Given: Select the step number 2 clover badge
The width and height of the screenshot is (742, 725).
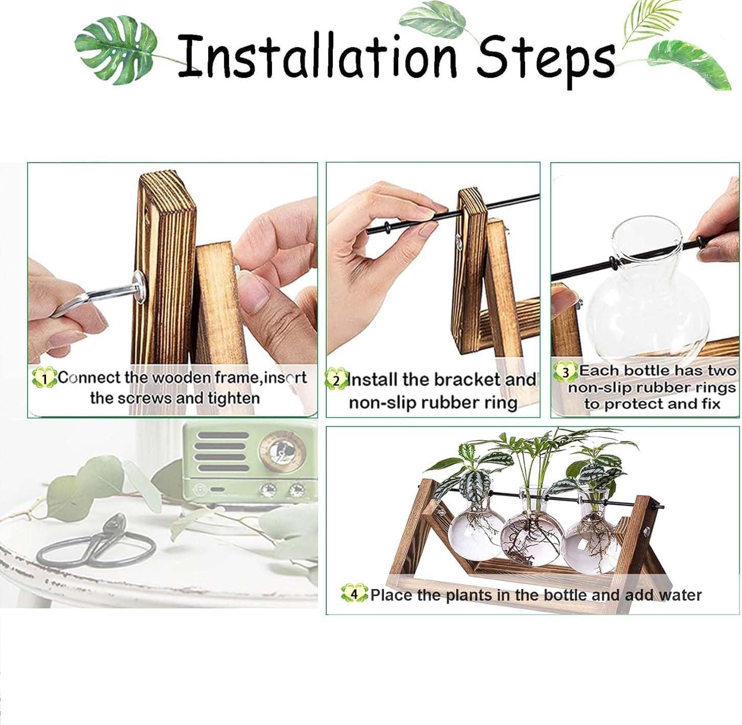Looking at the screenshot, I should coord(335,380).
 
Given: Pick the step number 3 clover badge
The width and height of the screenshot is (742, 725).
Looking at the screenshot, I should coord(565,372).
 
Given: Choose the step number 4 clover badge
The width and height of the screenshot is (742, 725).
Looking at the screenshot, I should coord(354,594).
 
